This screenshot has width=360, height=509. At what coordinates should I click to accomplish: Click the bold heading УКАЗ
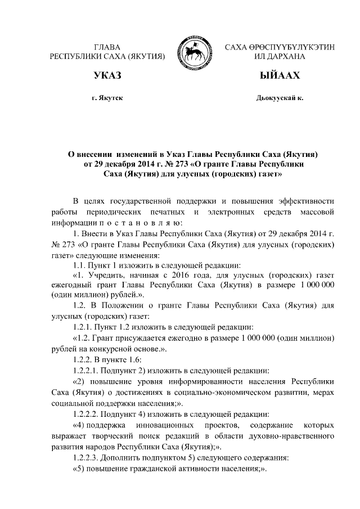click(x=107, y=75)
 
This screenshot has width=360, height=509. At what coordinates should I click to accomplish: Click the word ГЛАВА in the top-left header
click(x=107, y=47)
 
